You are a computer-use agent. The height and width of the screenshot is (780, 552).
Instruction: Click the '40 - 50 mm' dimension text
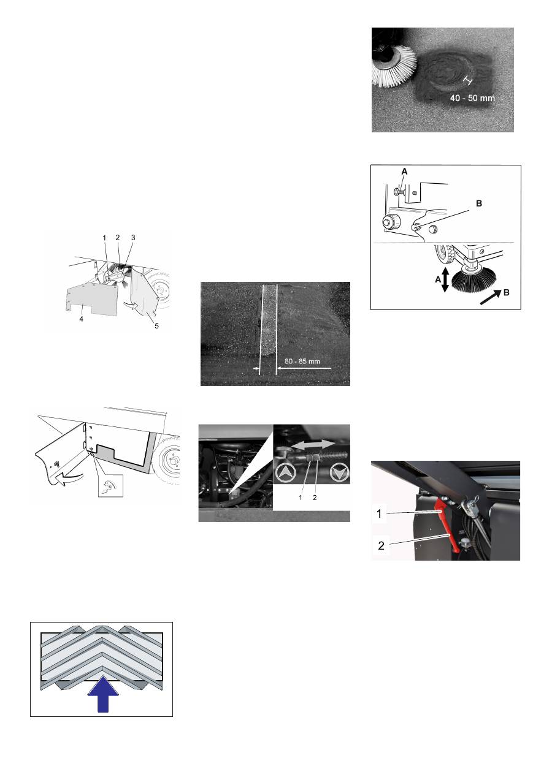pyautogui.click(x=472, y=98)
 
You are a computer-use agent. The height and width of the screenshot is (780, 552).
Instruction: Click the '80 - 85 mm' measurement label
pyautogui.click(x=302, y=361)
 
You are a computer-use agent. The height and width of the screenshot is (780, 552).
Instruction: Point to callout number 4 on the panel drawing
pyautogui.click(x=81, y=319)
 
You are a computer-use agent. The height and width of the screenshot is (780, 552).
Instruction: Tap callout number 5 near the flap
pyautogui.click(x=156, y=326)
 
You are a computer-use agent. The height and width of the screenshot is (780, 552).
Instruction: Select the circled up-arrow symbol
pyautogui.click(x=286, y=473)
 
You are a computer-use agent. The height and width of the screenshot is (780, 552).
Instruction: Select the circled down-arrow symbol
pyautogui.click(x=339, y=473)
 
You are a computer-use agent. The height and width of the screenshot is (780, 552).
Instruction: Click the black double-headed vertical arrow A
pyautogui.click(x=445, y=279)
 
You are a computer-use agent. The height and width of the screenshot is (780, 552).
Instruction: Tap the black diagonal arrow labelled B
pyautogui.click(x=491, y=297)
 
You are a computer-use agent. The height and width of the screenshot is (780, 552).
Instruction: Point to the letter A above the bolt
pyautogui.click(x=404, y=172)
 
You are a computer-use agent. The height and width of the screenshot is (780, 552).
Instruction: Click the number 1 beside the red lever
pyautogui.click(x=380, y=513)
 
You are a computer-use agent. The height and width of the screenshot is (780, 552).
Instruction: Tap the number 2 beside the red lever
pyautogui.click(x=381, y=545)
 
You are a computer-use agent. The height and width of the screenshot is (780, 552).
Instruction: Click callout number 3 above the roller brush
pyautogui.click(x=133, y=238)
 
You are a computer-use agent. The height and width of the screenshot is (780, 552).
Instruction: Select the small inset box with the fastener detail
pyautogui.click(x=110, y=485)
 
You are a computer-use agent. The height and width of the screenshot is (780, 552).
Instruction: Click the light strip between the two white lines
pyautogui.click(x=269, y=320)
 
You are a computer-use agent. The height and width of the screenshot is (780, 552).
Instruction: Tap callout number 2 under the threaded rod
pyautogui.click(x=315, y=498)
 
